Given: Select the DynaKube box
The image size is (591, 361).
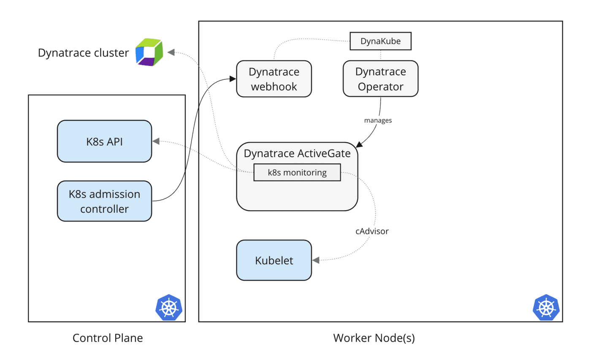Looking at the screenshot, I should point(381,41).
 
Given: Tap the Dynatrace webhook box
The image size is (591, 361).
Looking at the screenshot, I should point(274,79).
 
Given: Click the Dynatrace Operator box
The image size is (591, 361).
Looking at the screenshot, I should point(380,79).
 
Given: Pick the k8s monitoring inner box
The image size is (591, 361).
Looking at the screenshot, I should point(297,172).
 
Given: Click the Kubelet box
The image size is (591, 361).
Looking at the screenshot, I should point(274,261).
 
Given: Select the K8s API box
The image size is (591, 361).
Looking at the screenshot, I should point(104,141).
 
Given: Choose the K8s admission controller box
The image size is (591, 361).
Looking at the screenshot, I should point(104,201).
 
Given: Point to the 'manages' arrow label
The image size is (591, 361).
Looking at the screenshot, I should point(378,120).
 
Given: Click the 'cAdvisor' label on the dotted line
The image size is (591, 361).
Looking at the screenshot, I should point(371,231).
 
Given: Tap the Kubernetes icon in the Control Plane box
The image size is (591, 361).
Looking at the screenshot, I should point(169,307).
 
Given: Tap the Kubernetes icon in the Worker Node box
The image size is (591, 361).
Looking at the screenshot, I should point(546,307).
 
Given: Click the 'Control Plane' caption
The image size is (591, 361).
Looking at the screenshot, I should point(108,338).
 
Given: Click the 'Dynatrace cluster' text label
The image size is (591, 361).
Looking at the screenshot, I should point(83,53).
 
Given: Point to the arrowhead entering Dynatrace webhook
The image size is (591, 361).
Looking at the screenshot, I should point(232,79).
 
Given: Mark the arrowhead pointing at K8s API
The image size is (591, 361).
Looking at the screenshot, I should point(155,141).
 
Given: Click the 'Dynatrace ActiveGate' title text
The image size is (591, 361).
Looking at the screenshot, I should point(297,154).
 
